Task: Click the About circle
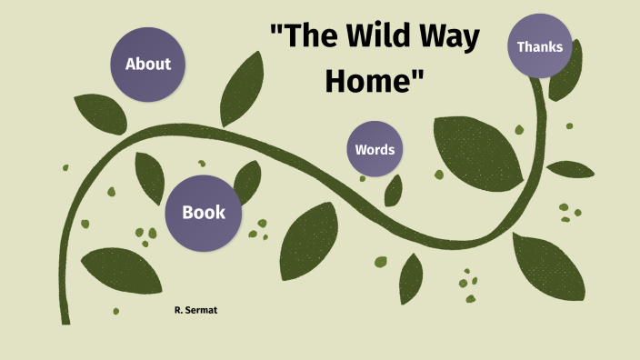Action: (x=148, y=64)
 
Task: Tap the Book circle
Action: (x=204, y=213)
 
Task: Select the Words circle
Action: (x=375, y=149)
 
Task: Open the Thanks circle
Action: (x=540, y=46)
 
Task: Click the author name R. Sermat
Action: (x=195, y=311)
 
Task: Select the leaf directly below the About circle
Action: (x=101, y=113)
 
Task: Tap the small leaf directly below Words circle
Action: (x=394, y=190)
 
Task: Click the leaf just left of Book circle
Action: (x=149, y=177)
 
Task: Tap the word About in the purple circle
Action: (x=148, y=64)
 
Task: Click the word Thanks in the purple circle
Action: (x=540, y=46)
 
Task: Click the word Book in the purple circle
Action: (x=204, y=213)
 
